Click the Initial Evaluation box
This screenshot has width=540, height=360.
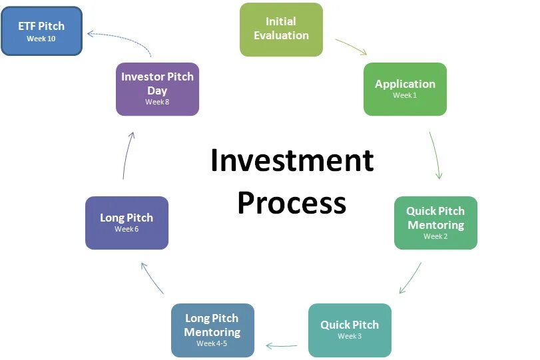point(281,29)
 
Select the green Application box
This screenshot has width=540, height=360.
point(405,89)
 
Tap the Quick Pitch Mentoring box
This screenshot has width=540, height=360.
point(435,222)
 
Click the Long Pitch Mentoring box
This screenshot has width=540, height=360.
point(212,330)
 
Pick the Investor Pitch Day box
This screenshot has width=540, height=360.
point(157,89)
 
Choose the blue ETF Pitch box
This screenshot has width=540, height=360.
point(41,31)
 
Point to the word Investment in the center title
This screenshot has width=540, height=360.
point(292,161)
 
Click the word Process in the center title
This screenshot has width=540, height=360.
point(292,202)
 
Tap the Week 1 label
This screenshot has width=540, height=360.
point(405,96)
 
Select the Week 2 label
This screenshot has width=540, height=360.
point(435,236)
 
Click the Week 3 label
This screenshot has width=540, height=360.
point(350,336)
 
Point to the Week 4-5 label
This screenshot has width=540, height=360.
point(212,344)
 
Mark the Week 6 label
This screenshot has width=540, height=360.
point(127,229)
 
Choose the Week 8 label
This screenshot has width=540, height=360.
point(157,102)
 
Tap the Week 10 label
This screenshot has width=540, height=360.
point(41,39)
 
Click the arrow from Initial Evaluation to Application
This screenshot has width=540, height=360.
point(351,46)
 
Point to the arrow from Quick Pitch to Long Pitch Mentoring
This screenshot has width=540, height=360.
point(282,345)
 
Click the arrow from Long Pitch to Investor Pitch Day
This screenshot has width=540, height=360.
point(128,154)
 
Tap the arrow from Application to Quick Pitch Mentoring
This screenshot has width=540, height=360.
point(435,154)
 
